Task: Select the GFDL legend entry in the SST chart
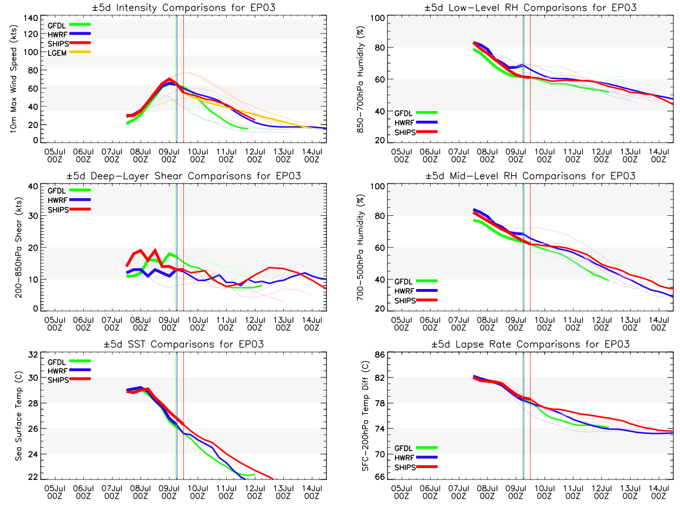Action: (57, 362)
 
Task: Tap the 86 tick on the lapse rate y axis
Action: (378, 355)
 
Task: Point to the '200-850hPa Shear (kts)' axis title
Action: (18, 247)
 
